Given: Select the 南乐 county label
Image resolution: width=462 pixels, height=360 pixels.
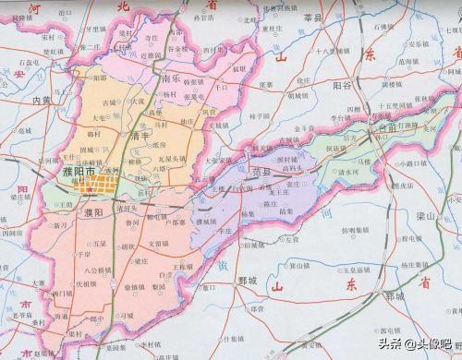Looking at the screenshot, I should pyautogui.click(x=170, y=78).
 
